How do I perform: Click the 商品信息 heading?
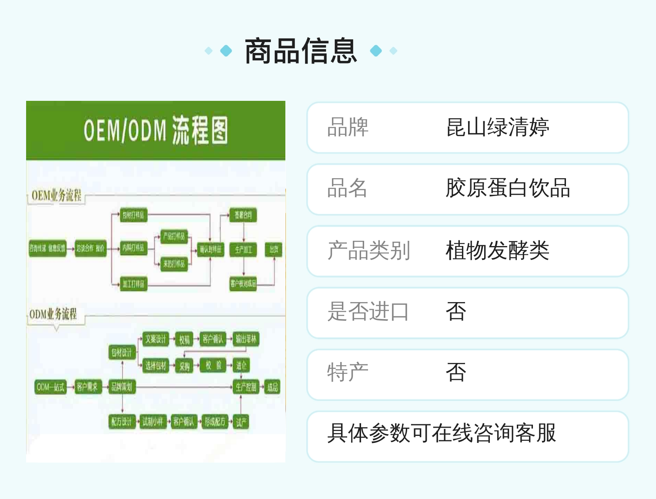[301, 51]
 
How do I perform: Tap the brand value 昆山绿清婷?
[497, 128]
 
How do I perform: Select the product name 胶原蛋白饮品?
[508, 189]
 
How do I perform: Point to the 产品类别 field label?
[368, 251]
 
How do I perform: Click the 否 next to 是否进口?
[456, 312]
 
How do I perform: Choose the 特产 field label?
[348, 373]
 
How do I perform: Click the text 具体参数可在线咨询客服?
[442, 433]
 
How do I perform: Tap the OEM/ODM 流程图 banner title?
[155, 130]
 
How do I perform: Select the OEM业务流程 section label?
[57, 196]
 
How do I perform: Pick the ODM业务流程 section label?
[53, 314]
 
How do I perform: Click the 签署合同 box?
[243, 215]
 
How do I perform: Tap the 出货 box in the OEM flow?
[274, 249]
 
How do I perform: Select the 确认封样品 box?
[211, 249]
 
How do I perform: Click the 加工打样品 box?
[133, 284]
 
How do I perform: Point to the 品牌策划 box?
[122, 387]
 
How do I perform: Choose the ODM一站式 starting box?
[50, 387]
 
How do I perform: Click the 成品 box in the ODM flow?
[272, 387]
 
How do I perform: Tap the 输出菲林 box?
[246, 339]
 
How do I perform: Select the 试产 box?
[241, 422]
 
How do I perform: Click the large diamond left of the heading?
[226, 51]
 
